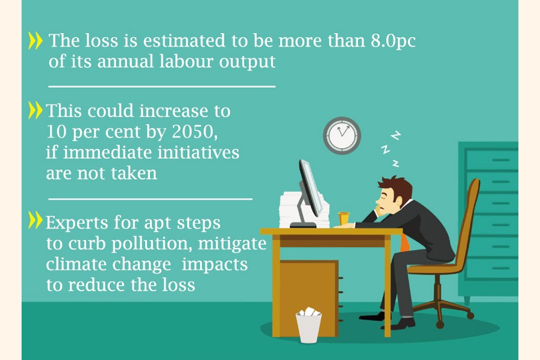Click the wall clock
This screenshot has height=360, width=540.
pyautogui.click(x=342, y=136)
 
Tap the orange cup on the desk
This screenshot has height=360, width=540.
pyautogui.click(x=344, y=218)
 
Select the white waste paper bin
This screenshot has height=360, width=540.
pyautogui.click(x=308, y=325)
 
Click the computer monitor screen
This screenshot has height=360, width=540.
pyautogui.click(x=311, y=188)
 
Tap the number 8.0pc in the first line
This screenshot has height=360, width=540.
pyautogui.click(x=393, y=41)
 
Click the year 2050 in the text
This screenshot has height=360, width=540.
pyautogui.click(x=194, y=131)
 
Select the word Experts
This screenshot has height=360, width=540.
pyautogui.click(x=77, y=223)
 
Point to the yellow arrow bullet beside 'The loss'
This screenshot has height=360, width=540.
pyautogui.click(x=35, y=41)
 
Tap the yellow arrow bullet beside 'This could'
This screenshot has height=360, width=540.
pyautogui.click(x=35, y=110)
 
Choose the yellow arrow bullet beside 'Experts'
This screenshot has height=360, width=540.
pyautogui.click(x=35, y=220)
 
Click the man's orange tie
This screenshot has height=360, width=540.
pyautogui.click(x=405, y=242)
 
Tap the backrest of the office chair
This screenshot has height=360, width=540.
pyautogui.click(x=467, y=220)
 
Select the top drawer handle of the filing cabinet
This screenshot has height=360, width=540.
pyautogui.click(x=501, y=160)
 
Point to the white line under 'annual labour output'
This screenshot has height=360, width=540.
pyautogui.click(x=162, y=86)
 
